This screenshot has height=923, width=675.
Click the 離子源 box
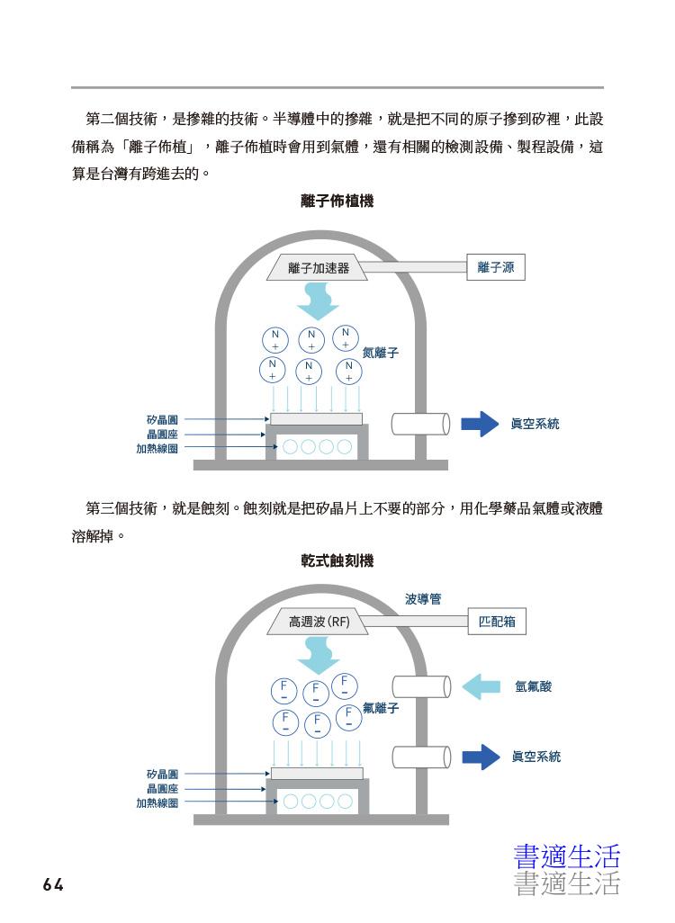(x=495, y=267)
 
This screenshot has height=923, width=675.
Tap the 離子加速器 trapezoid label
(x=318, y=268)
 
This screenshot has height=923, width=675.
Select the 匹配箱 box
(x=497, y=621)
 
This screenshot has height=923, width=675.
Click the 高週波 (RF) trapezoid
(x=318, y=622)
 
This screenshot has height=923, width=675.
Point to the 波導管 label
(x=423, y=598)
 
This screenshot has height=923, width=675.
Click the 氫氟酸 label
(x=533, y=686)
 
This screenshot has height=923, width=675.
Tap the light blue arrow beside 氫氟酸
(x=481, y=687)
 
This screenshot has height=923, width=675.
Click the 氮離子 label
(x=381, y=353)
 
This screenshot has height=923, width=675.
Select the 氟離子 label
(x=381, y=708)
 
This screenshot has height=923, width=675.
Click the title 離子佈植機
(x=337, y=202)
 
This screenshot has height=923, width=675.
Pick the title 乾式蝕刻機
(x=337, y=560)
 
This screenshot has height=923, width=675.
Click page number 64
(x=53, y=884)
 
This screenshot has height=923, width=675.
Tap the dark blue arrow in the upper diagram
(x=480, y=424)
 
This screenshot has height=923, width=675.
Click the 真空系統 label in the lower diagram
(x=536, y=757)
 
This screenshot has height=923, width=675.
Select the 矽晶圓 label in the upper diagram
(x=162, y=420)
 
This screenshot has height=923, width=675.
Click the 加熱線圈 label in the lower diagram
(x=157, y=803)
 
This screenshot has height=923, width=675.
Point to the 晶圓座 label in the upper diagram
(x=162, y=435)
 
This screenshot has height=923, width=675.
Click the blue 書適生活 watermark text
(x=567, y=857)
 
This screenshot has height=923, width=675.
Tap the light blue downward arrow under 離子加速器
(x=318, y=301)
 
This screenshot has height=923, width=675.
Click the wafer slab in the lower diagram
(x=317, y=774)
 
